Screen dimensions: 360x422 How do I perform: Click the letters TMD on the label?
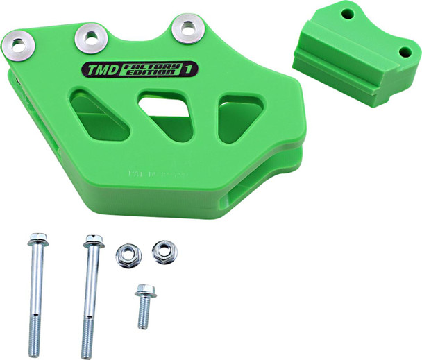[103, 69]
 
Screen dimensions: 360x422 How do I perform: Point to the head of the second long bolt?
[93, 243]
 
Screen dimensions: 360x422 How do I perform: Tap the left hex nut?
[128, 256]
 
